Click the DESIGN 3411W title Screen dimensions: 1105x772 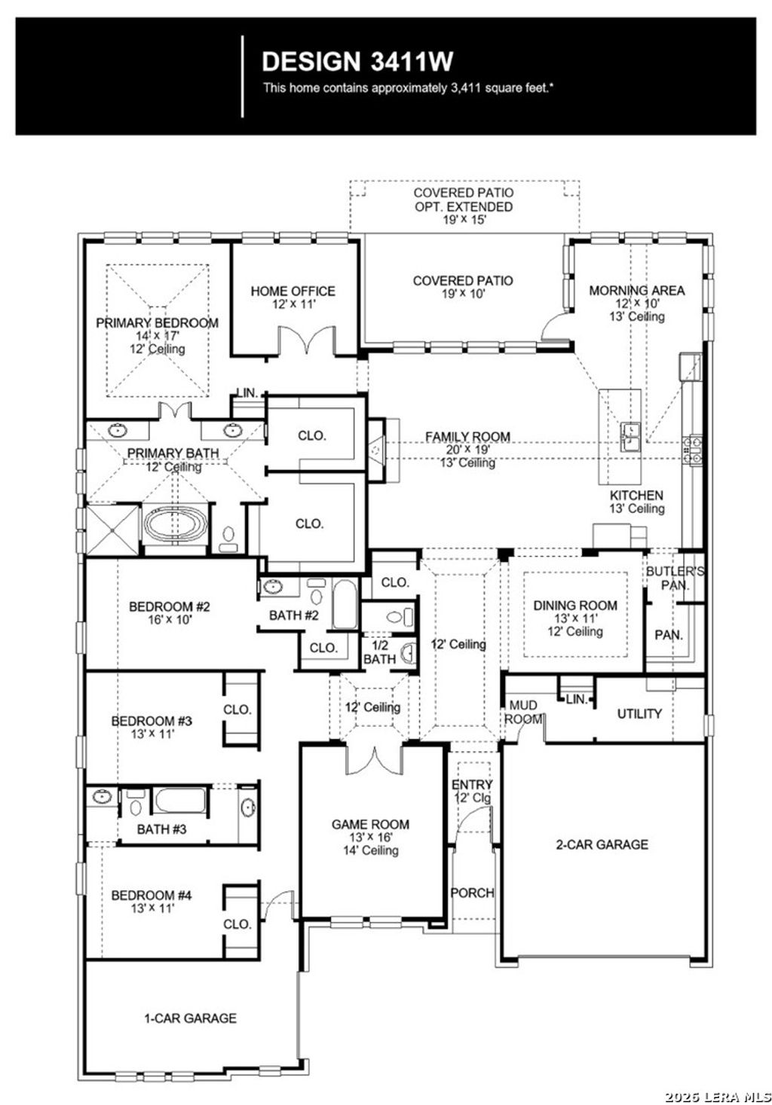coord(357,61)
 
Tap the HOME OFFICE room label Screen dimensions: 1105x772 coord(293,292)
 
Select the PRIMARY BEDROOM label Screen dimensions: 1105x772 coord(157,323)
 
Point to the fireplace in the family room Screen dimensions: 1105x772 coord(376,449)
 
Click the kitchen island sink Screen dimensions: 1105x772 coord(630,436)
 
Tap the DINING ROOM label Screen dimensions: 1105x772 coord(575,606)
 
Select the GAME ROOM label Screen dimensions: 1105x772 coord(369,824)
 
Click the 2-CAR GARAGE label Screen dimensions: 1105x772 coord(602,844)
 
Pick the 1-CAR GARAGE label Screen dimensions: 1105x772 coord(190,1018)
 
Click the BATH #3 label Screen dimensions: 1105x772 coord(161,829)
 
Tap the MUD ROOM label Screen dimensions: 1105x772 coord(523,712)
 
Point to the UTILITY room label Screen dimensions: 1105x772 coord(639,713)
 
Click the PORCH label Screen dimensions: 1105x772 coord(472,893)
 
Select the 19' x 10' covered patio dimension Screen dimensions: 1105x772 coord(463,294)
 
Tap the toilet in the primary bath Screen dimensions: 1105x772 coord(228,536)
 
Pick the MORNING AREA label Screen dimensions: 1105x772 coord(637,290)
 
